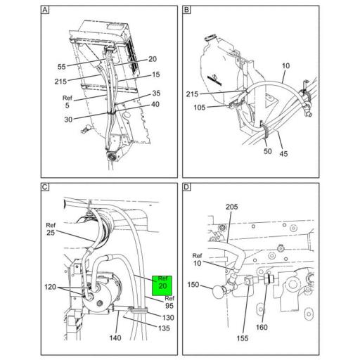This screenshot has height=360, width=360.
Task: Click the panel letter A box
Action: [x=46, y=11]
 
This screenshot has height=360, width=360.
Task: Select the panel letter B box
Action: [x=186, y=11]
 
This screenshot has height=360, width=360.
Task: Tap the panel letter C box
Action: [x=46, y=188]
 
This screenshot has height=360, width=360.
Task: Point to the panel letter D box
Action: [x=186, y=188]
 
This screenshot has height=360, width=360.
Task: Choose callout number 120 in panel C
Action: [x=51, y=288]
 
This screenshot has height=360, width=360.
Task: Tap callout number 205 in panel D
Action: [x=232, y=207]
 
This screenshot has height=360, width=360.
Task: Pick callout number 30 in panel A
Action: [x=67, y=120]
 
